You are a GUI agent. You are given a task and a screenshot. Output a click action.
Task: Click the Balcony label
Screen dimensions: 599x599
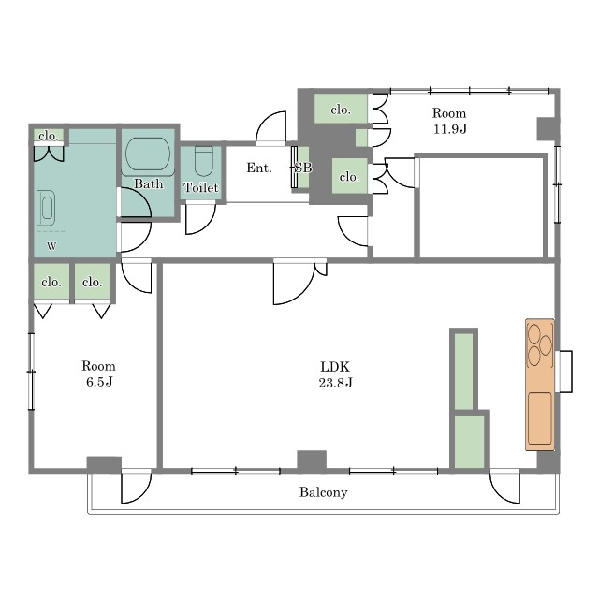pyautogui.click(x=323, y=492)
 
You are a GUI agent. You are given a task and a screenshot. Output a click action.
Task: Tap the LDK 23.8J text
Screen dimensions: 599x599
pyautogui.click(x=335, y=374)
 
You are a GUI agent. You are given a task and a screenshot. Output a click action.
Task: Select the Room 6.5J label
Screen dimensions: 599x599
pyautogui.click(x=98, y=373)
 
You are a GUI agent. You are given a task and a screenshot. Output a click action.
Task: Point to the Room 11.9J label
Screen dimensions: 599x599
pyautogui.click(x=449, y=121)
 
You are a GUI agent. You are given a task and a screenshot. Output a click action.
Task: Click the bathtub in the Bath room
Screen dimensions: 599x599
pyautogui.click(x=148, y=154)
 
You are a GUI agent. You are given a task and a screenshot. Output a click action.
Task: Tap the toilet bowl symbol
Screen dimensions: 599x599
pyautogui.click(x=204, y=160)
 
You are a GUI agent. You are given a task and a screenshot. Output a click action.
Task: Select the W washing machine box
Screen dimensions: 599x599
pyautogui.click(x=51, y=244)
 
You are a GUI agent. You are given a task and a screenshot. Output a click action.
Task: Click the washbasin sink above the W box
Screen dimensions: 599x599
pyautogui.click(x=46, y=208)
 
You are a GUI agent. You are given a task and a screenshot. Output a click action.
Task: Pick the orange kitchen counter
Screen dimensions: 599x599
pyautogui.click(x=540, y=385)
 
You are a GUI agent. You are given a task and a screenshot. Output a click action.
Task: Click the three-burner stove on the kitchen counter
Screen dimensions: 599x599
pyautogui.click(x=540, y=345)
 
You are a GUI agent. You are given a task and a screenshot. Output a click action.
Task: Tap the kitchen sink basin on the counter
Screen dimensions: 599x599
pyautogui.click(x=540, y=418)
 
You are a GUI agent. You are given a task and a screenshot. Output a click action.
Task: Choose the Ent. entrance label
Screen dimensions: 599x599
pyautogui.click(x=259, y=168)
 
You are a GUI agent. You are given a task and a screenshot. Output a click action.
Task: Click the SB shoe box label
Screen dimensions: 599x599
pyautogui.click(x=303, y=168)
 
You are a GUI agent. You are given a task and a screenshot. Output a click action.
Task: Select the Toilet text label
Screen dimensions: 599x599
pyautogui.click(x=201, y=187)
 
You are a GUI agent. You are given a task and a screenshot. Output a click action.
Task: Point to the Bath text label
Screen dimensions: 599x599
pyautogui.click(x=148, y=183)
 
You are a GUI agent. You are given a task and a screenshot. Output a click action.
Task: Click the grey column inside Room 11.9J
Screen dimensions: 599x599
pyautogui.click(x=546, y=129)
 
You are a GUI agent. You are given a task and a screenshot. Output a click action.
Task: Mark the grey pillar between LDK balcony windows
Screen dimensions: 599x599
pyautogui.click(x=312, y=460)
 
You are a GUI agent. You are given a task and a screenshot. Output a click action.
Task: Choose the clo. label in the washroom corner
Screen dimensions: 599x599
pyautogui.click(x=49, y=136)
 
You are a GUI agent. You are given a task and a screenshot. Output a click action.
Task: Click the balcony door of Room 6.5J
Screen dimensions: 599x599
pyautogui.click(x=137, y=487)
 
